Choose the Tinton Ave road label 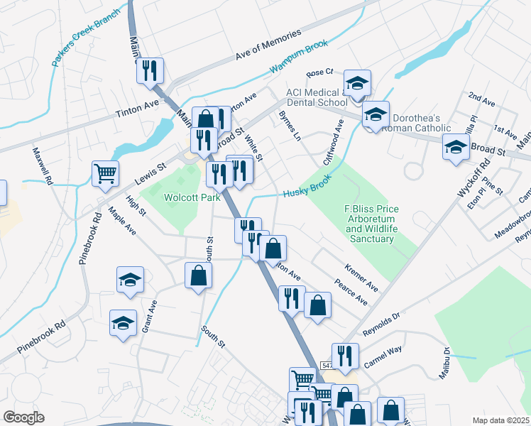tap(138, 108)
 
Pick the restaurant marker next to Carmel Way tap(345, 356)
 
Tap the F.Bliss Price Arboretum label tap(371, 224)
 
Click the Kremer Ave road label tap(361, 278)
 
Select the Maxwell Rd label tap(43, 166)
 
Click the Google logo tap(23, 417)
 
